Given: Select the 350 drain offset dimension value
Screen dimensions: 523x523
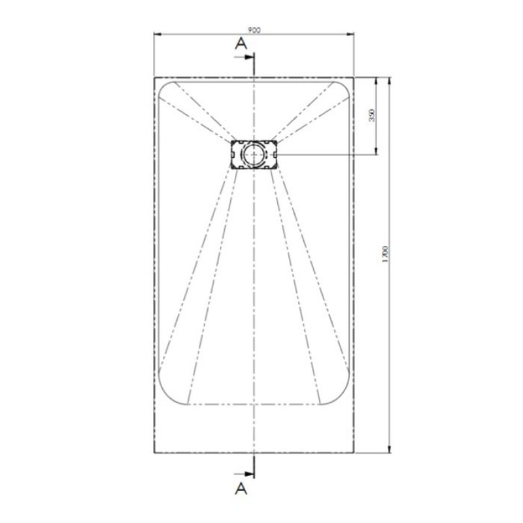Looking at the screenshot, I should [371, 116].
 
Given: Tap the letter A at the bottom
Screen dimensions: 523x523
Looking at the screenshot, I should [240, 487].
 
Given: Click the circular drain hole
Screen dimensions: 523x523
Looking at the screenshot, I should [254, 154].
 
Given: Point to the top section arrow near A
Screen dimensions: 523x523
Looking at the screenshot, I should [248, 58].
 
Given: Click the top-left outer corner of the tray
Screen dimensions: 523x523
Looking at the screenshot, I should [154, 77].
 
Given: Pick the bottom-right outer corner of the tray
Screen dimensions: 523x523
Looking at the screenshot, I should [354, 452].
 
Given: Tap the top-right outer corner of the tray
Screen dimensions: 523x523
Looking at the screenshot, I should [354, 77].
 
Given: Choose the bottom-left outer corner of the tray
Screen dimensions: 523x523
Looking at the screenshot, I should [154, 452].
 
